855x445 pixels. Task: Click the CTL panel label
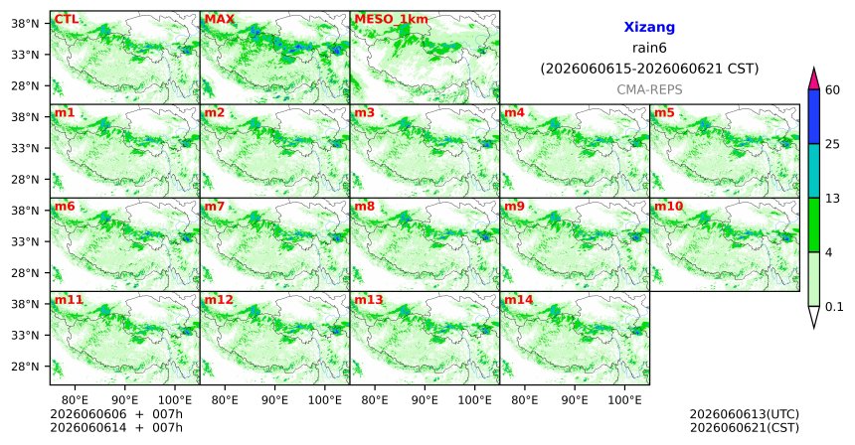point(66,20)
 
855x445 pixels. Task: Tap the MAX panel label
point(219,20)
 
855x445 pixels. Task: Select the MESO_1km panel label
point(391,20)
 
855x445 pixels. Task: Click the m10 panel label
point(668,207)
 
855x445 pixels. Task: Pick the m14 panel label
point(519,300)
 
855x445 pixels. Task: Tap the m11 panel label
point(69,300)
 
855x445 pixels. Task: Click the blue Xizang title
point(649,27)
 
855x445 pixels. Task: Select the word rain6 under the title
point(649,48)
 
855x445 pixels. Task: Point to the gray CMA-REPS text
point(649,89)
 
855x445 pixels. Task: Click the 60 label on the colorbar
point(833,89)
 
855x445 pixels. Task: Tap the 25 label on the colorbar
point(833,144)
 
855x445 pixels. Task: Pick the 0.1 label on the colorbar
point(834,307)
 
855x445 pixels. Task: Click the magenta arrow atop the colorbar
point(814,79)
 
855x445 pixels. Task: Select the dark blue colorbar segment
point(814,116)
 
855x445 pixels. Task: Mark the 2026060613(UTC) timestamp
point(745,415)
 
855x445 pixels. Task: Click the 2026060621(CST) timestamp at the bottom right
point(745,428)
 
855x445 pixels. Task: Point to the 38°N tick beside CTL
point(25,24)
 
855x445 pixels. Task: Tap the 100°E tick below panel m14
point(624,401)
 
